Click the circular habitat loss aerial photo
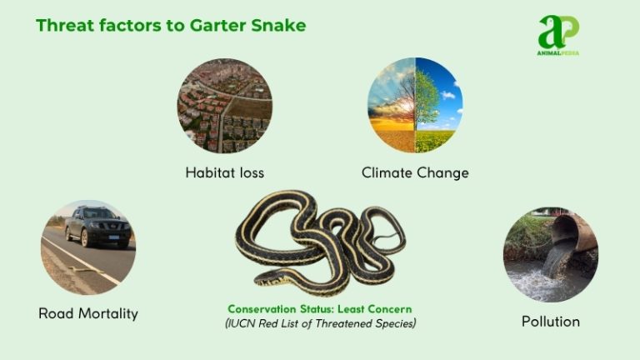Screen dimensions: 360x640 point(224,105)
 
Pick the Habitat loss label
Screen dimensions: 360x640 point(224,173)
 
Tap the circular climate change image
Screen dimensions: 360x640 point(415,105)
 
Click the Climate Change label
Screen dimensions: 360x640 point(415,173)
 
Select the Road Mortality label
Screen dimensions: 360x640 point(88,314)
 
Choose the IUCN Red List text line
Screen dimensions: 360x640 point(320,322)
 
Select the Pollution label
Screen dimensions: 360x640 point(550,321)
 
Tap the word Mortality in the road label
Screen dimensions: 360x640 point(107,314)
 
